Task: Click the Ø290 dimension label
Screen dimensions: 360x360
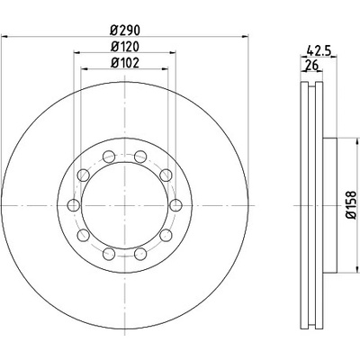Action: coord(125,30)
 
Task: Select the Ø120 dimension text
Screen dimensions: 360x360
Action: coord(125,47)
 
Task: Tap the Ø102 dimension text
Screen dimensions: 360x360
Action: coord(125,63)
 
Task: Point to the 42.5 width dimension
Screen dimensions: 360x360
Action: coord(319,50)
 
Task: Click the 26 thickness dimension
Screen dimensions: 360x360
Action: coord(311,65)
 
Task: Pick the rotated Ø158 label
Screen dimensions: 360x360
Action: coord(350,205)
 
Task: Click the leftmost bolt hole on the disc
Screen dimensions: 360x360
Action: coord(74,205)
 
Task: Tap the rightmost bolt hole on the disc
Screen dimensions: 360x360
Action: coord(175,205)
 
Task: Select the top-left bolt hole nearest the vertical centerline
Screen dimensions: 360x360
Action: coord(109,157)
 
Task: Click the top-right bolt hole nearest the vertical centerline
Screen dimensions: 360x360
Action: coord(140,157)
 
